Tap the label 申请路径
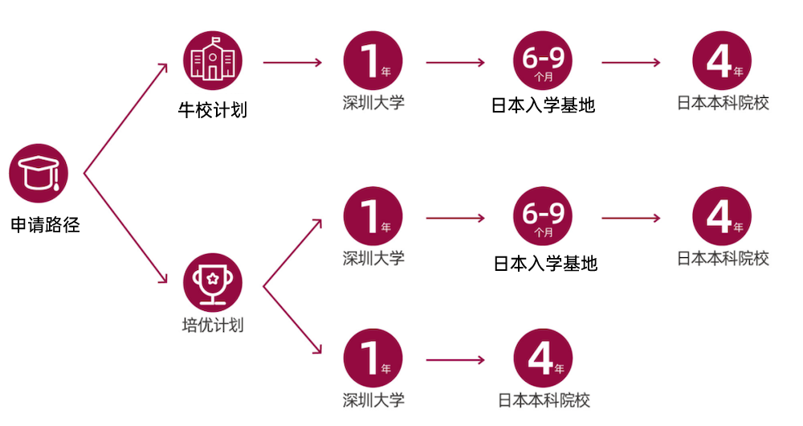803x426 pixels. click(46, 225)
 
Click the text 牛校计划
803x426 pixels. click(212, 109)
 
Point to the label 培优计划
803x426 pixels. click(213, 326)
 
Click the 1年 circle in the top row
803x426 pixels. click(373, 60)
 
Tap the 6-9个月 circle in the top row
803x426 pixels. click(543, 60)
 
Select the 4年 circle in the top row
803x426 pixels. click(722, 60)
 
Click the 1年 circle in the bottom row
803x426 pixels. click(373, 358)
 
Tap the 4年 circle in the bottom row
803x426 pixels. click(543, 358)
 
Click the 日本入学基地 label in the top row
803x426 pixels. click(544, 104)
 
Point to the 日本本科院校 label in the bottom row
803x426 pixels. click(544, 399)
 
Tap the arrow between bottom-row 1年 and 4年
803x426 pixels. click(455, 359)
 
